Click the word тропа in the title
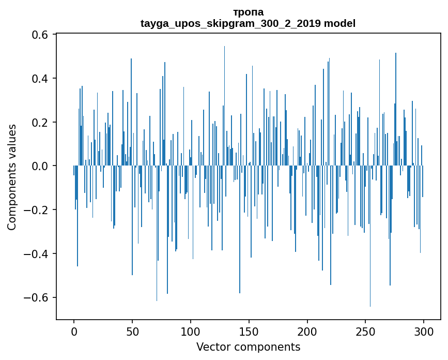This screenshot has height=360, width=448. pos(248,12)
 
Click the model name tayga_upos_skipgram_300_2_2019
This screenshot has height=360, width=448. pos(230,23)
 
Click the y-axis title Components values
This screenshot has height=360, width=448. pos(12,177)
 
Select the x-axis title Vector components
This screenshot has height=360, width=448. pos(248,347)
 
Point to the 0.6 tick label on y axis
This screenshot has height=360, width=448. pos(40,35)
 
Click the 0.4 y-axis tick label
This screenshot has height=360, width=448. pos(40,79)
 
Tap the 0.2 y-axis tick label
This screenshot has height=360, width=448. pos(40,123)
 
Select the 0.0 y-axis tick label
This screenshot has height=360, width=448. pos(40,166)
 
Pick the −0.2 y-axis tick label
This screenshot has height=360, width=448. pos(36,210)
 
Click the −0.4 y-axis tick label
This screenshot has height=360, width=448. pos(36,254)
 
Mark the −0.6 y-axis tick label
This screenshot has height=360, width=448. pos(36,298)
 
